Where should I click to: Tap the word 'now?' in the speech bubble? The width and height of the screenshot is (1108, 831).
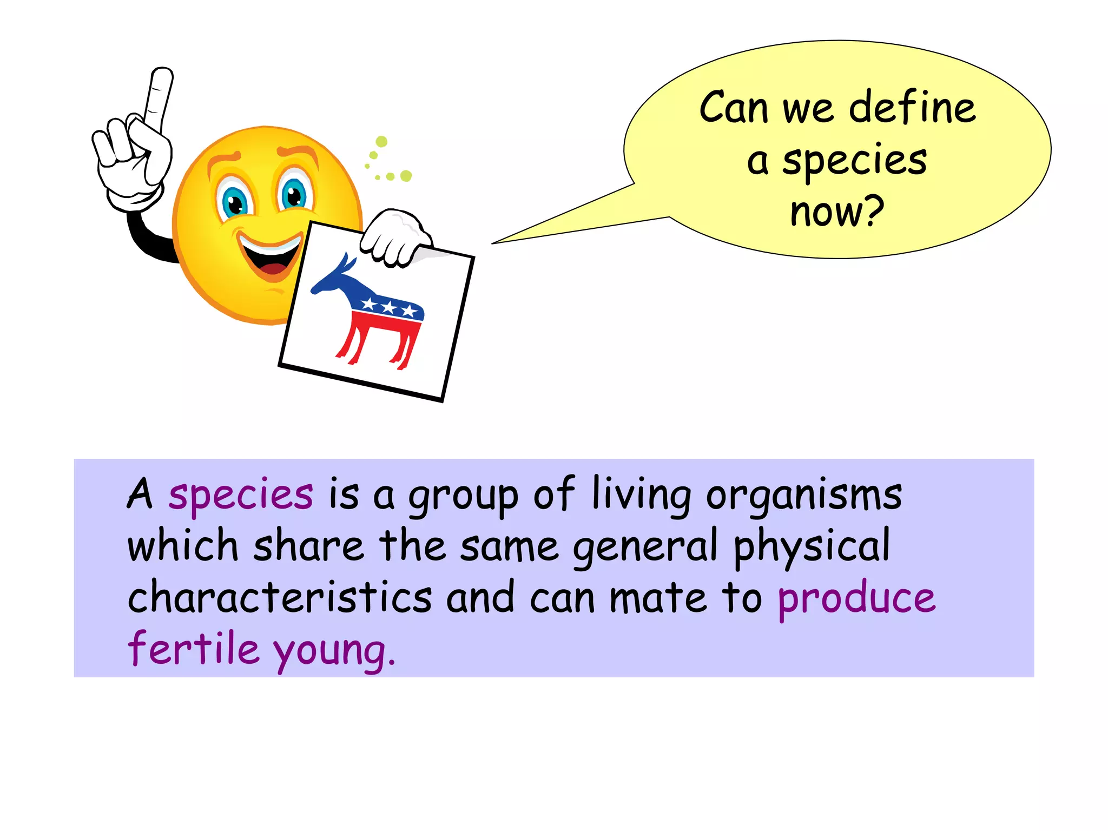[x=836, y=211]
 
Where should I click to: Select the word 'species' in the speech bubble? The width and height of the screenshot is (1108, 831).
[x=854, y=161]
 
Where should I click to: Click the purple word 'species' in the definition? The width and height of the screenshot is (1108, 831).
[x=240, y=495]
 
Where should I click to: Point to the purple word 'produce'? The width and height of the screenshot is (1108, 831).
[x=856, y=599]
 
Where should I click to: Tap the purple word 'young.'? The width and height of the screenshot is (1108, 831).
[x=334, y=651]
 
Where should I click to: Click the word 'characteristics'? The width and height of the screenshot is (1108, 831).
[x=280, y=597]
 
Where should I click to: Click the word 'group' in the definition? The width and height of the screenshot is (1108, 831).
[x=463, y=497]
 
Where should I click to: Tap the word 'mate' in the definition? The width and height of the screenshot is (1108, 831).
[x=658, y=598]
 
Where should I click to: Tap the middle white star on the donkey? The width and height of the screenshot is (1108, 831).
[x=388, y=307]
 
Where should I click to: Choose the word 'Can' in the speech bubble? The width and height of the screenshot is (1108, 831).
[x=734, y=108]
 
